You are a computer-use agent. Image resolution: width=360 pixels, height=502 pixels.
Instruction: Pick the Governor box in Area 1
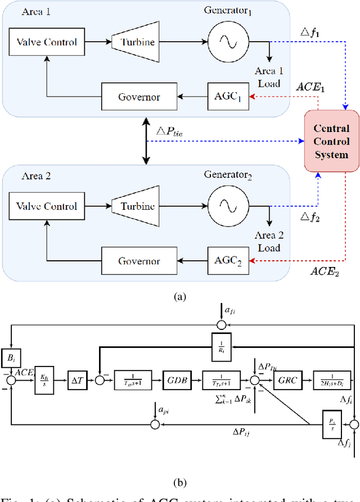138,97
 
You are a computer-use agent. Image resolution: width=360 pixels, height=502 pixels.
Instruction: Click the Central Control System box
331,141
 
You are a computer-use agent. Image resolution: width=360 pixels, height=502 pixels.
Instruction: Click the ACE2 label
325,272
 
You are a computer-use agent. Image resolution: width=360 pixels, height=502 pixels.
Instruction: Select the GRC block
287,380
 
